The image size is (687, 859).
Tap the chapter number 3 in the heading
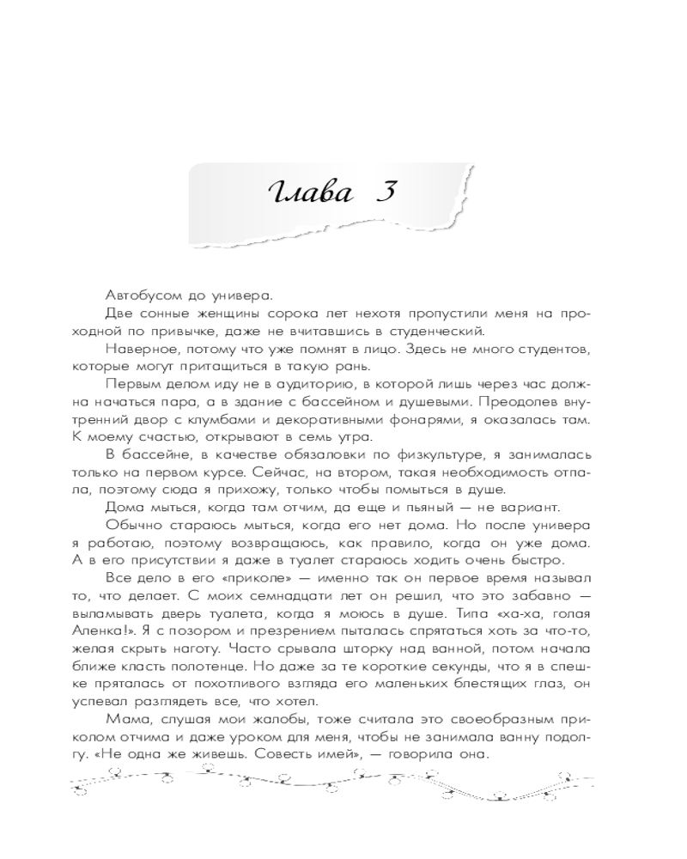pos(384,191)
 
